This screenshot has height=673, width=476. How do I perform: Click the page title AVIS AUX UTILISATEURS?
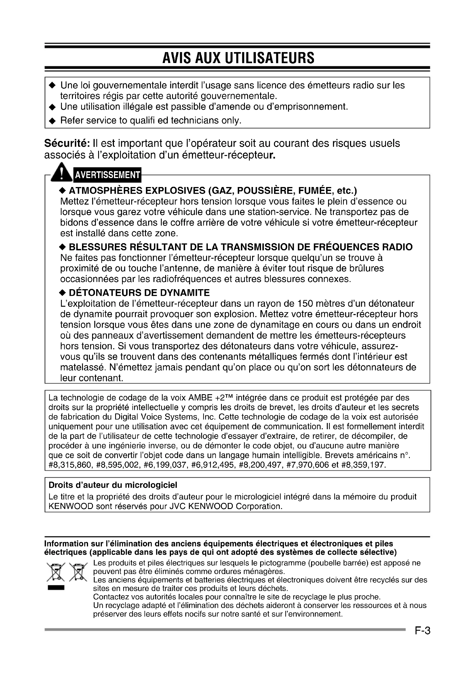(238, 58)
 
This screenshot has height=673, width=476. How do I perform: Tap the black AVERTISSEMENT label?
(107, 175)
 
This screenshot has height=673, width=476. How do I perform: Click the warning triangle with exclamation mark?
(61, 173)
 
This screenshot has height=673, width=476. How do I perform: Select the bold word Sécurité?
(67, 144)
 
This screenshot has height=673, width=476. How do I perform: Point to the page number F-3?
(422, 630)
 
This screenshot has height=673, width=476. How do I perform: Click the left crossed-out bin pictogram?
(56, 572)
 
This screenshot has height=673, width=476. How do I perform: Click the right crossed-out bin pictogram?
(78, 572)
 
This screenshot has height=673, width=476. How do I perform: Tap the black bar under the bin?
(56, 588)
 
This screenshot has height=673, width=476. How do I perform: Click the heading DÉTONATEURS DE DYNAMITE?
(139, 293)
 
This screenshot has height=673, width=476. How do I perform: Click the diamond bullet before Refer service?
(52, 121)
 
